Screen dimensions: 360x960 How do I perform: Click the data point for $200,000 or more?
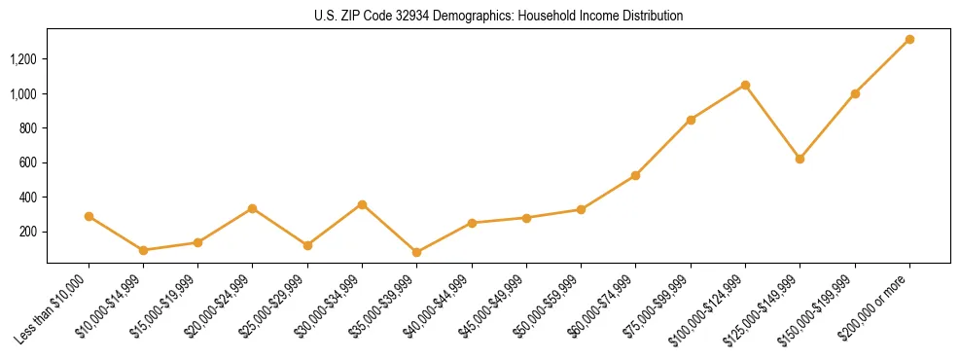909,39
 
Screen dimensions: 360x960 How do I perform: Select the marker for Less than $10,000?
89,216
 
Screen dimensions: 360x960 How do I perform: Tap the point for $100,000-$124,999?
745,85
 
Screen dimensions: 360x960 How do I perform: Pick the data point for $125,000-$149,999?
800,159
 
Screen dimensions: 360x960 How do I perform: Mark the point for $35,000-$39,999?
416,252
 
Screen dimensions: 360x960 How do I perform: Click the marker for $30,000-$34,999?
362,204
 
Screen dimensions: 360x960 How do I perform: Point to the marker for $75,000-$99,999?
691,120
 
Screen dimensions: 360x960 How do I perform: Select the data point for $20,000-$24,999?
252,208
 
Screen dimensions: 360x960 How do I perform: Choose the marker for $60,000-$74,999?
635,175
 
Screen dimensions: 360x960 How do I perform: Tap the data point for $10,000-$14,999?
143,250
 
